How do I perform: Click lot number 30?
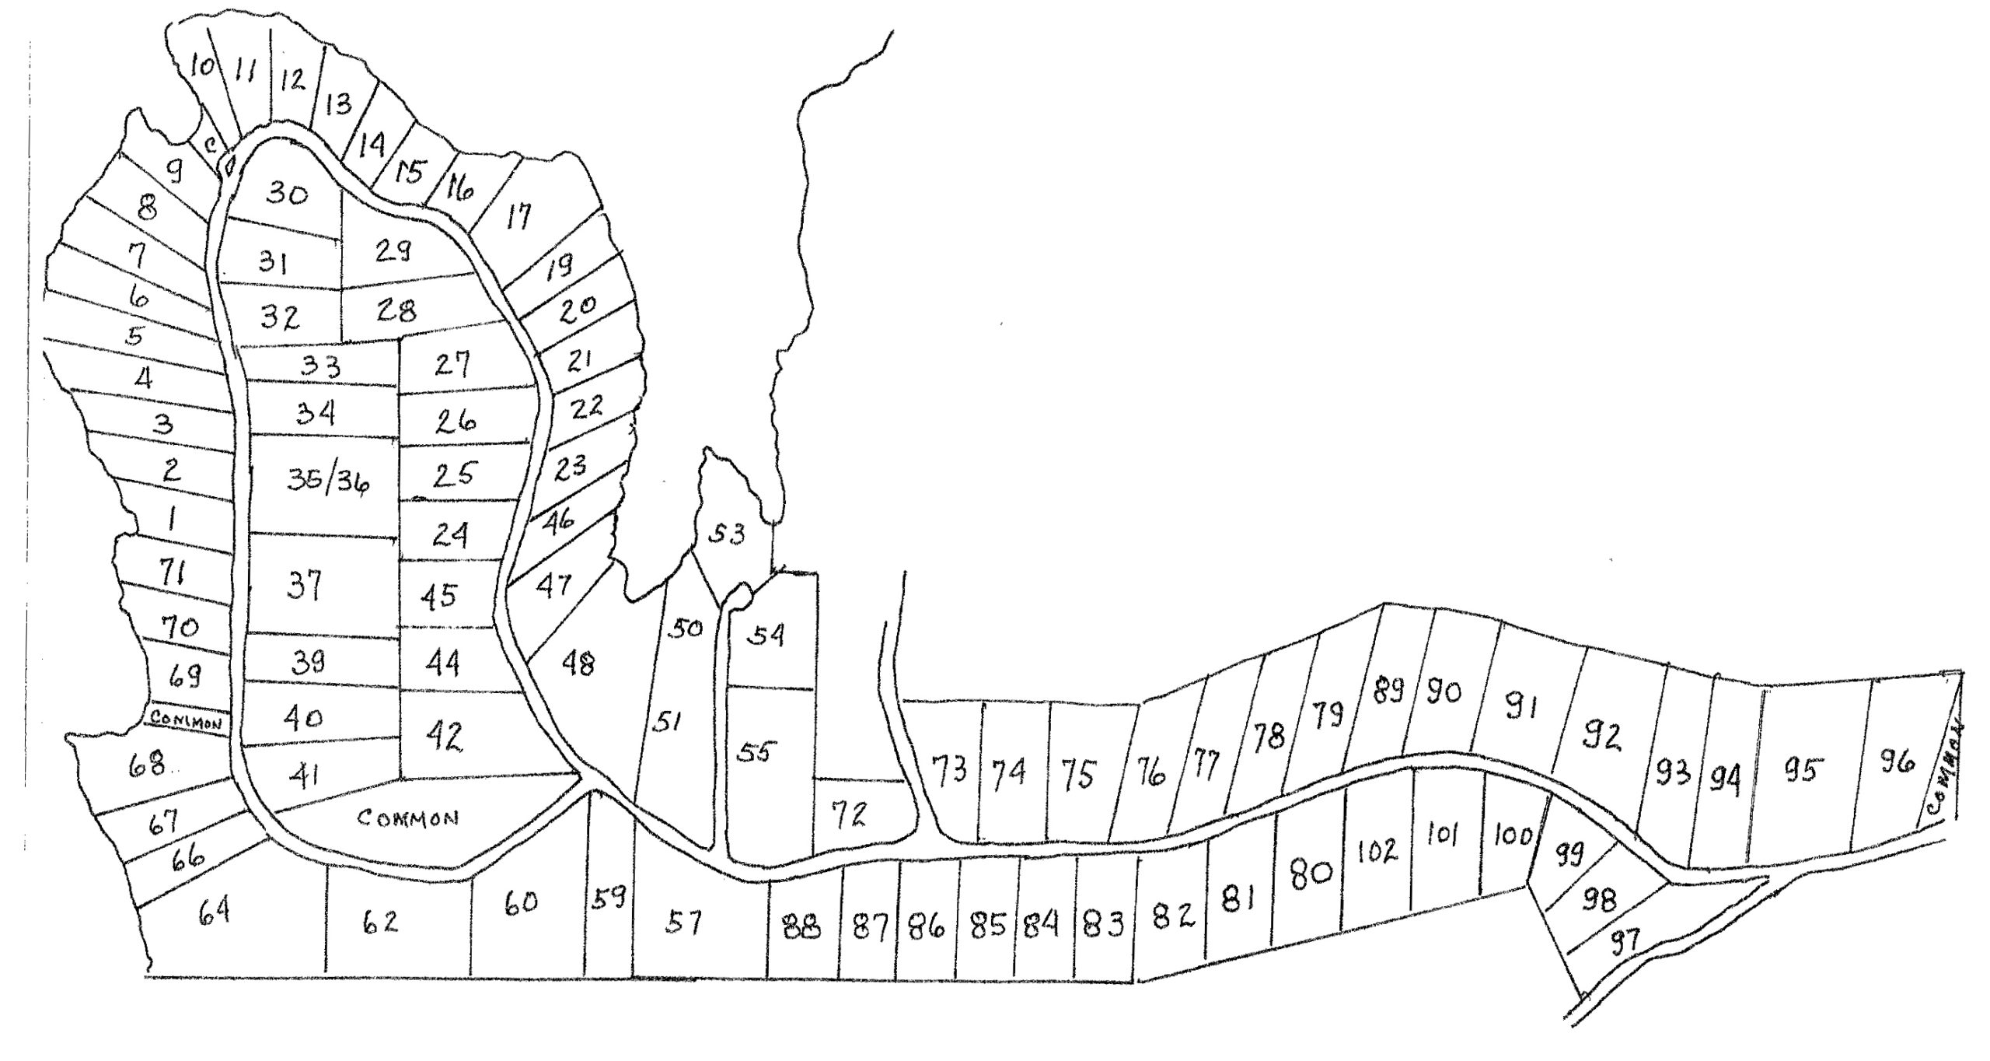(x=287, y=193)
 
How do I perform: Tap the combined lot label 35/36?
(x=328, y=482)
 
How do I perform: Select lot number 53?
(x=727, y=534)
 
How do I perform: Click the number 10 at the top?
(x=202, y=66)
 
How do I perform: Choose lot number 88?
(x=801, y=927)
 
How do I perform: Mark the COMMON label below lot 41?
(x=408, y=818)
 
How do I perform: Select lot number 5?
(x=135, y=336)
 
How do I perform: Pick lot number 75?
(x=1077, y=774)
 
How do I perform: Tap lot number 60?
(x=520, y=903)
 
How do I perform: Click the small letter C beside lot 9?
(x=210, y=145)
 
